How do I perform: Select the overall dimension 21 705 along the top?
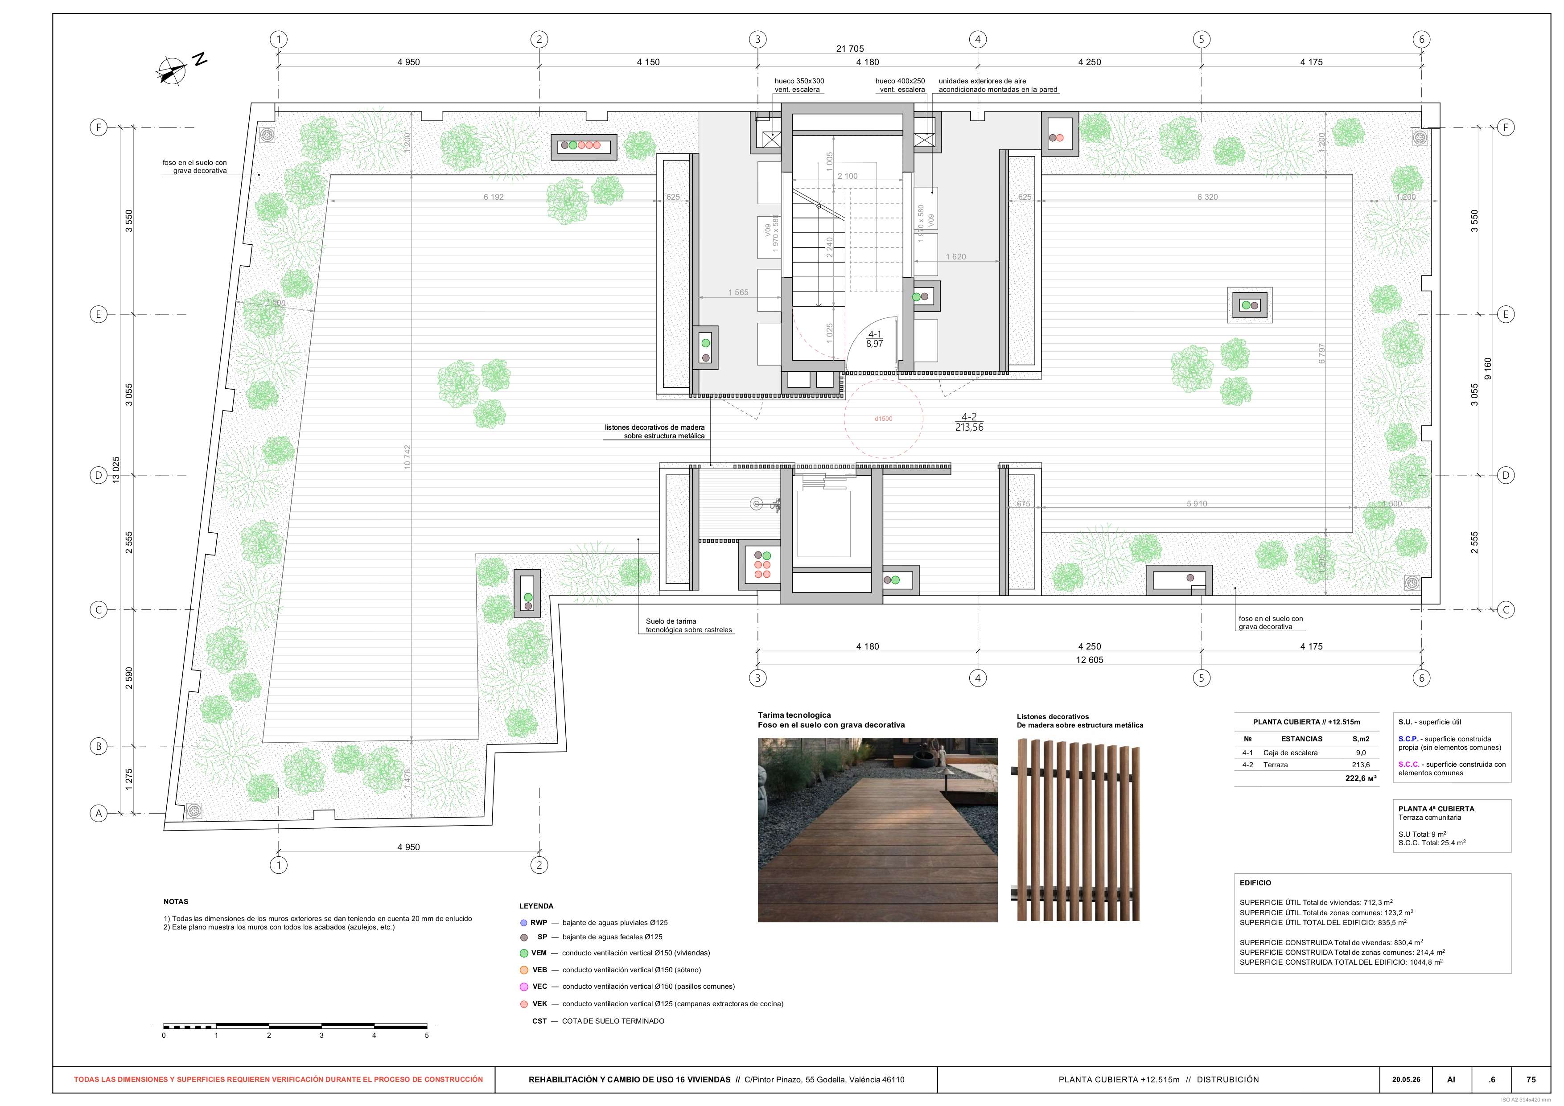[x=849, y=48]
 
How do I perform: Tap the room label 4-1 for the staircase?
[x=875, y=334]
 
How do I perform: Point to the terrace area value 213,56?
[x=969, y=428]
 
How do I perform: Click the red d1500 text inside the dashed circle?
[x=884, y=419]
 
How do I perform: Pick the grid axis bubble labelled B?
[x=99, y=746]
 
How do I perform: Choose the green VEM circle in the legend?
[x=524, y=954]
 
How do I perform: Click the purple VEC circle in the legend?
[x=524, y=987]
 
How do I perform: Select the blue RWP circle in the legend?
[x=524, y=923]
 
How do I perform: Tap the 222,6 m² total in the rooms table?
[x=1360, y=778]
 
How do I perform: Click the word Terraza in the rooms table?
[x=1275, y=765]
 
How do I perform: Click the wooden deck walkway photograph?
[x=877, y=830]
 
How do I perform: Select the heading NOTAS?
[x=176, y=902]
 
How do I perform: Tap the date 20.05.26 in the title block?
[x=1405, y=1079]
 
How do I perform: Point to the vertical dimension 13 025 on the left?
[x=116, y=470]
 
